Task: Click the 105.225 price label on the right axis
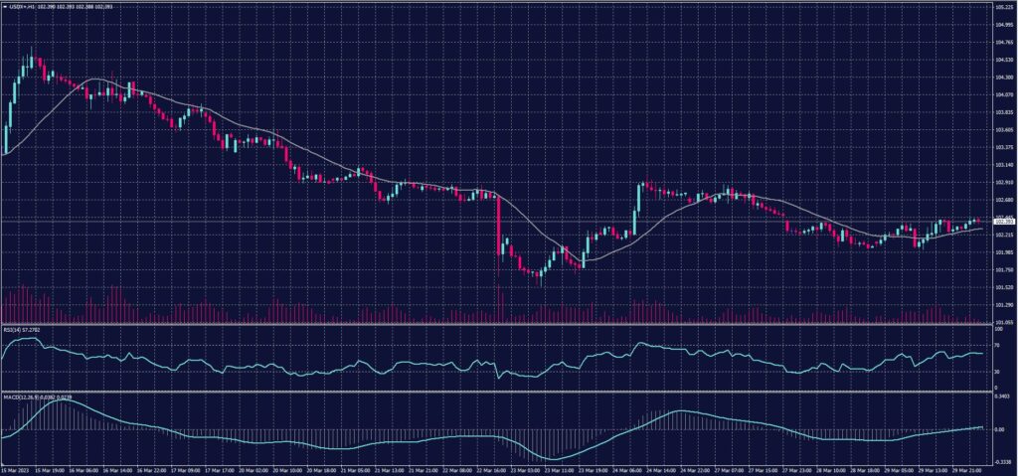coord(1002,8)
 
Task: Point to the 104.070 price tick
coord(1002,94)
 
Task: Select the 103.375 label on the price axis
coord(1002,147)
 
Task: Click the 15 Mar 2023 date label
coord(16,471)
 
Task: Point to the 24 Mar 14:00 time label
coord(658,471)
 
